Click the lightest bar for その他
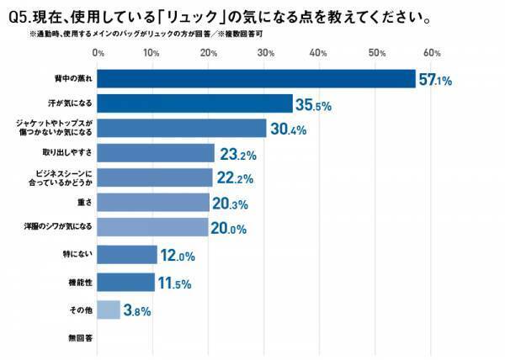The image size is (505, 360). coord(109,310)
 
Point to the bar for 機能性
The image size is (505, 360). coord(126,283)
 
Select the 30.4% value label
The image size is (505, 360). coord(288,130)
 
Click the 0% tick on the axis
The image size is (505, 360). coord(98,54)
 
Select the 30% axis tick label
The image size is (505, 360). coord(265,54)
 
